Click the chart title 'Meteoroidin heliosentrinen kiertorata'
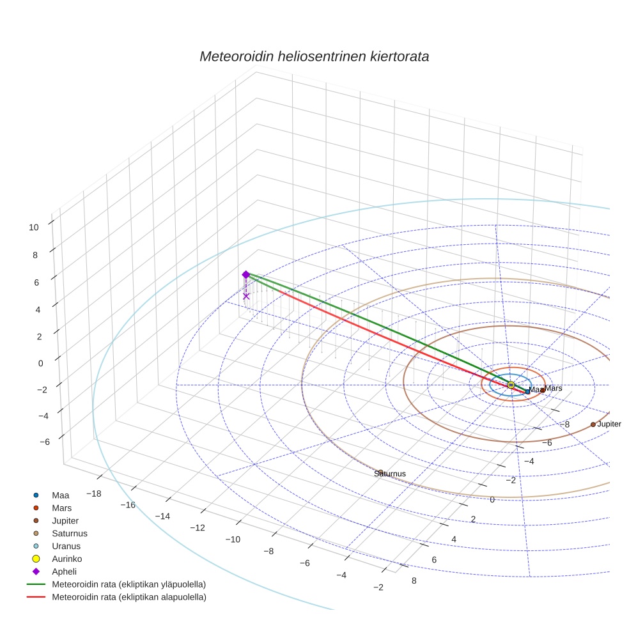(x=314, y=56)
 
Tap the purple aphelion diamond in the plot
(x=245, y=274)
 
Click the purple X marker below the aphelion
(x=246, y=296)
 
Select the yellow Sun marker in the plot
(x=511, y=385)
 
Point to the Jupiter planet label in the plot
(x=609, y=424)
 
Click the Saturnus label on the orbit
(x=390, y=474)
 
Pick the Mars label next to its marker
(x=554, y=388)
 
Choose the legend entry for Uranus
(x=66, y=546)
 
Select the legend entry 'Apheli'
(x=63, y=571)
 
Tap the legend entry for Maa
(x=60, y=495)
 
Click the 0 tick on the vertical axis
(x=40, y=363)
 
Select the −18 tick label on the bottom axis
(x=94, y=493)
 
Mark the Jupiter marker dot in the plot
(x=593, y=424)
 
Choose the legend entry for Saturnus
(x=69, y=533)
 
